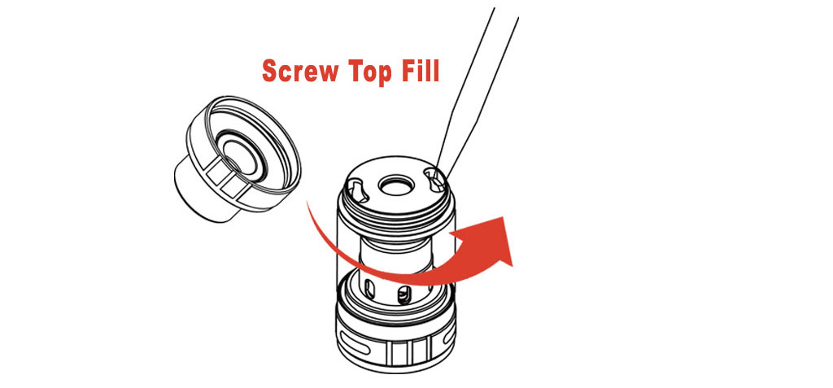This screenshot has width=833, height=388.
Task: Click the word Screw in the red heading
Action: click(300, 70)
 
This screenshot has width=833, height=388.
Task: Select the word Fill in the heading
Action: click(421, 70)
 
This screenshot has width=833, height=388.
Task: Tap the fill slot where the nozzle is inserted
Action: click(437, 181)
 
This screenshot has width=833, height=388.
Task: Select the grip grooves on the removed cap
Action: click(223, 180)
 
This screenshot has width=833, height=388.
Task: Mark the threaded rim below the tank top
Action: click(396, 207)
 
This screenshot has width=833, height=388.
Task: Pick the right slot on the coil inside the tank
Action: click(405, 293)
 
